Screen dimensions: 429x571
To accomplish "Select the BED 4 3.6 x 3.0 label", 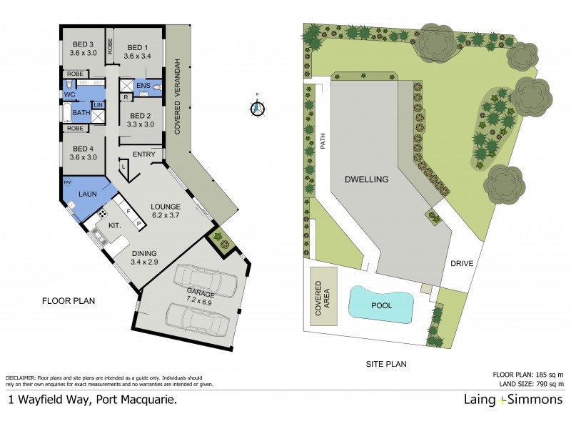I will [84, 152].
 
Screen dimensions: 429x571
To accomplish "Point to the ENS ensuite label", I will [143, 87].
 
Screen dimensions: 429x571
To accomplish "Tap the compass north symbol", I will [258, 109].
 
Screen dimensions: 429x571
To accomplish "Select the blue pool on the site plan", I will [382, 305].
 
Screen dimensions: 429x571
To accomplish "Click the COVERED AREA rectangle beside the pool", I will [324, 297].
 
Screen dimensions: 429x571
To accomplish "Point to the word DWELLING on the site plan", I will [368, 179].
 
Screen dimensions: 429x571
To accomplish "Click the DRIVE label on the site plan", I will [462, 264].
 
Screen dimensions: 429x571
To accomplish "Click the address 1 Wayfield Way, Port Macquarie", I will [93, 400].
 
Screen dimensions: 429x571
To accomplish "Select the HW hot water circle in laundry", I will [67, 182].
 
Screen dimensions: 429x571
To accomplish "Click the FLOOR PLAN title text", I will [69, 301].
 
